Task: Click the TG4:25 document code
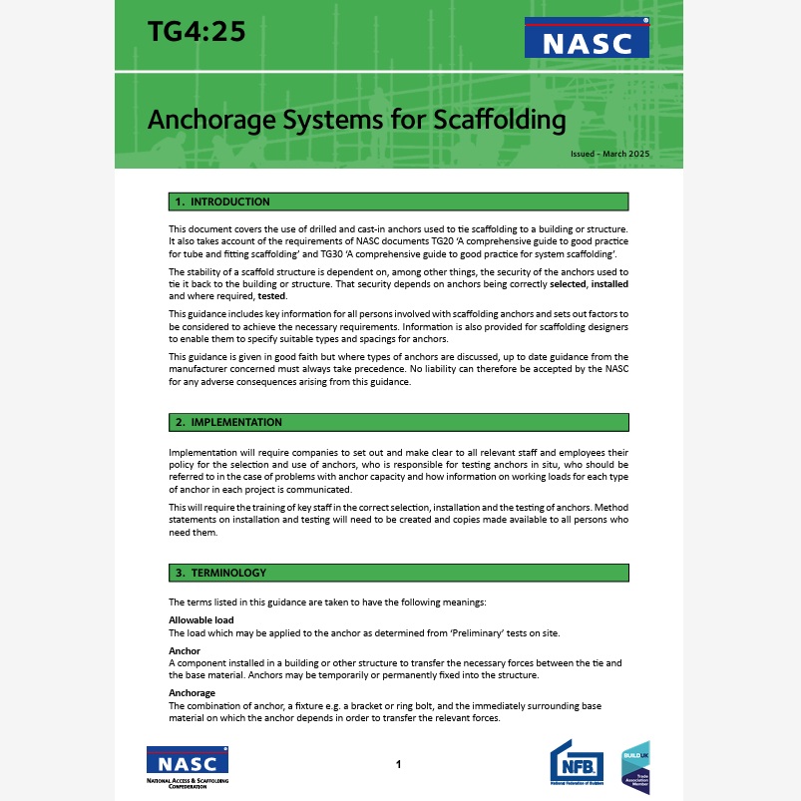(x=196, y=34)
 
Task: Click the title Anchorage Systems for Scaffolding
(x=356, y=120)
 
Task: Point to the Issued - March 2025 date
(x=609, y=154)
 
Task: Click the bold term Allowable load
(x=200, y=620)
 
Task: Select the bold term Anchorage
(x=192, y=692)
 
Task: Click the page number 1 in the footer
(x=398, y=765)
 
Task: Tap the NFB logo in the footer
(x=577, y=765)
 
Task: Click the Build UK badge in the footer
(x=635, y=766)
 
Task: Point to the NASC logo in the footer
(x=188, y=766)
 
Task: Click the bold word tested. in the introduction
(x=272, y=296)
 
